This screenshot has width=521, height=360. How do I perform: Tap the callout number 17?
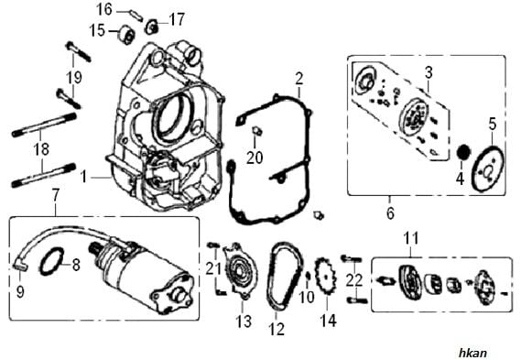[x=177, y=18]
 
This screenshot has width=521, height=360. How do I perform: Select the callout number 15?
[x=96, y=30]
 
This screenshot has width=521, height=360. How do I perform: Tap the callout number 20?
[x=254, y=157]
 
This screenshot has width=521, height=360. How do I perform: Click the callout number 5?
[x=491, y=123]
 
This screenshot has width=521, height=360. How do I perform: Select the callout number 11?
[x=410, y=239]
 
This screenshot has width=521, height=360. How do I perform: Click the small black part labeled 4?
[x=463, y=150]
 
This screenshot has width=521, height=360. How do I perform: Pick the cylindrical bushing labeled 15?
[x=122, y=36]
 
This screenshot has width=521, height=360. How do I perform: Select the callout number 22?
[x=356, y=278]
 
